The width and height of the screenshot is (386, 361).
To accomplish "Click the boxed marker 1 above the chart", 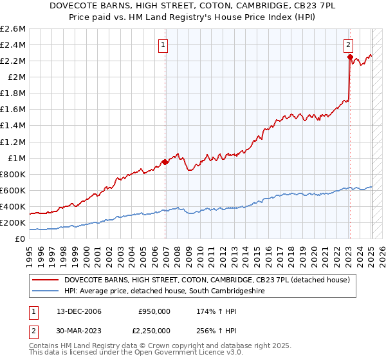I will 164,45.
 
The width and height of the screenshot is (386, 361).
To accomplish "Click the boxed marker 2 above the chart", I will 348,45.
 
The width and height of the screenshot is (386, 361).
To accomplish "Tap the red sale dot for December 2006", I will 165,162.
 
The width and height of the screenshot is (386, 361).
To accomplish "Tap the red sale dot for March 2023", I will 349,57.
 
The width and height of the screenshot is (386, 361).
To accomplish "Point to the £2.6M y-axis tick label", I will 13,28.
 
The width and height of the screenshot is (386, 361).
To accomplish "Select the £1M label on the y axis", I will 16,158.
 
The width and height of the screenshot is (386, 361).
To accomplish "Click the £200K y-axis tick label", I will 13,222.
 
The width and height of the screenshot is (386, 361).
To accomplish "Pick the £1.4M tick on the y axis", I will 13,126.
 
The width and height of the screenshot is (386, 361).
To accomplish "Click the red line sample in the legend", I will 46,280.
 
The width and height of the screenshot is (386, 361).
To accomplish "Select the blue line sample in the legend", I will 46,291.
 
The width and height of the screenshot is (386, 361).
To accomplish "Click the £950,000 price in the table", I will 154,311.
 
